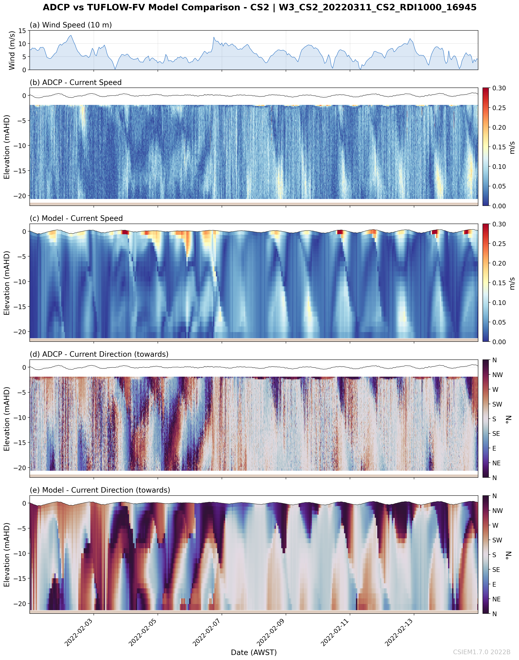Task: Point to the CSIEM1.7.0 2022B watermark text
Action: coord(482,652)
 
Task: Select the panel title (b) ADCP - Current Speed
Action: coord(76,82)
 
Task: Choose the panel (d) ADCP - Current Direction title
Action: coord(99,354)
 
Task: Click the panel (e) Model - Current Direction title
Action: coord(100,490)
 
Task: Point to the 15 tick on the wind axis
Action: coord(22,31)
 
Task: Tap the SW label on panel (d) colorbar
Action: coord(497,404)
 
